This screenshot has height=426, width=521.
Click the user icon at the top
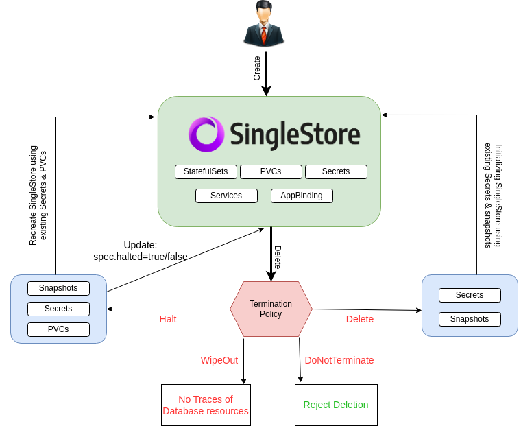(x=263, y=24)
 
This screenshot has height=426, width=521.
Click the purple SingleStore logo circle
(x=206, y=134)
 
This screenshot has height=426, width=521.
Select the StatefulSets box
(x=206, y=171)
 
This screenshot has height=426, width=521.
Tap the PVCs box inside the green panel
(x=271, y=171)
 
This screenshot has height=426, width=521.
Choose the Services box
(x=226, y=196)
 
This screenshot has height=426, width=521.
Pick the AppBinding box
(x=302, y=196)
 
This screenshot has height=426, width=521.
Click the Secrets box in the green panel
(x=336, y=171)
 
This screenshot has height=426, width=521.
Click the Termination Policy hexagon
(x=271, y=309)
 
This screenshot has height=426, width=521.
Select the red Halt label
(x=168, y=319)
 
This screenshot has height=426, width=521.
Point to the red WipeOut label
(x=219, y=360)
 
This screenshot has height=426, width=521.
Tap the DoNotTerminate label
(x=339, y=360)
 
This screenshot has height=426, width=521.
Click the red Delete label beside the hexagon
(x=360, y=319)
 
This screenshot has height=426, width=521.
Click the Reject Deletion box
(x=336, y=405)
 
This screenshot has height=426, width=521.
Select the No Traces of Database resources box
(x=206, y=405)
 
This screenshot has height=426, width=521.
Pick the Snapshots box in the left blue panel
(x=58, y=288)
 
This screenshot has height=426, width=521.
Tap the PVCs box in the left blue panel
(x=58, y=329)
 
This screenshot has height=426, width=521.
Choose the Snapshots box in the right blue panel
(x=470, y=319)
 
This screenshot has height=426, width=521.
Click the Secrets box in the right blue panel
(x=470, y=295)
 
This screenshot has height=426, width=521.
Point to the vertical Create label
(x=257, y=68)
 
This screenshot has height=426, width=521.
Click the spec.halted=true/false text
(x=141, y=257)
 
